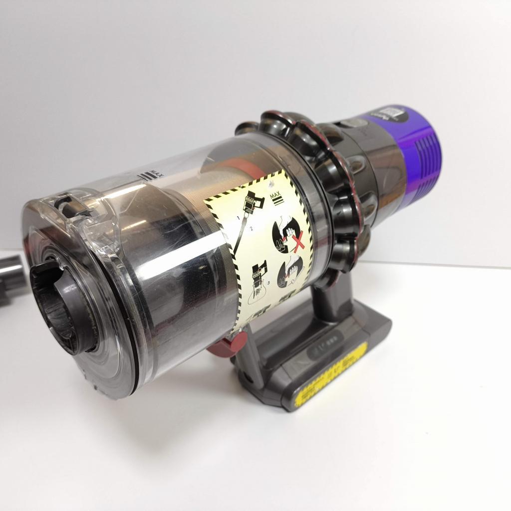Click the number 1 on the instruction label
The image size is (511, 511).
click(x=238, y=218)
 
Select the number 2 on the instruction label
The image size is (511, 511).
click(x=252, y=228)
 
